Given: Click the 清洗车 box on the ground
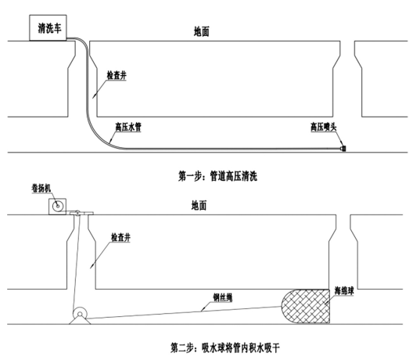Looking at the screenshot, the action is [48, 28].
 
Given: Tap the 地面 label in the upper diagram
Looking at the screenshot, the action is [202, 31].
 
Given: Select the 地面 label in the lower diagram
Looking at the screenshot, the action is [199, 206].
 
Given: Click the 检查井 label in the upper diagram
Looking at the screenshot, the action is [117, 76].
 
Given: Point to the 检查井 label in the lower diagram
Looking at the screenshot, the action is [120, 237].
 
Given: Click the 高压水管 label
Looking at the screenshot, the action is [128, 127].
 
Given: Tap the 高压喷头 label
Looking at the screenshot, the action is [323, 127].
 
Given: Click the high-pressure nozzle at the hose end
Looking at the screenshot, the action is [343, 148].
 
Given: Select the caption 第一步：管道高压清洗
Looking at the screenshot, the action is [217, 176].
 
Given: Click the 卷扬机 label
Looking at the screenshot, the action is [41, 189].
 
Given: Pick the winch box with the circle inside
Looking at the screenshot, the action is [57, 207].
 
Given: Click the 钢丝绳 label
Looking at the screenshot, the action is [223, 298].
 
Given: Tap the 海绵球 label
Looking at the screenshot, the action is [344, 291].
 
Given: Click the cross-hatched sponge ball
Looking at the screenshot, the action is [306, 306].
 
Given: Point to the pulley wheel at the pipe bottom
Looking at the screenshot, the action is [80, 314].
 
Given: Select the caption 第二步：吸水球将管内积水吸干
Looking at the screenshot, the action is [225, 348].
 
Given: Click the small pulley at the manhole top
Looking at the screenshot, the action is [77, 214].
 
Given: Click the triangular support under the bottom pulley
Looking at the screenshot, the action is [80, 320].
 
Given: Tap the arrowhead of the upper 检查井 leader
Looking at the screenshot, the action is [94, 96].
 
